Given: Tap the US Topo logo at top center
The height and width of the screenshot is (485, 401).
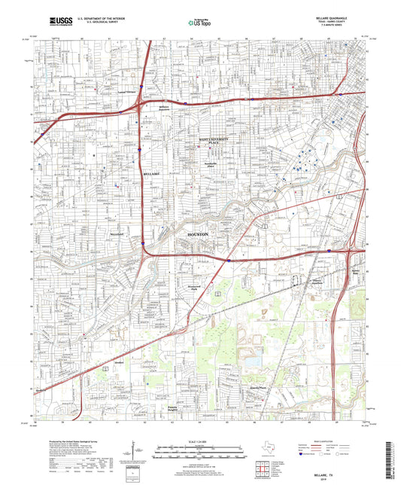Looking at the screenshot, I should point(199,23).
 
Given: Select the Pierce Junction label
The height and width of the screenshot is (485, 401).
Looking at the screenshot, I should point(309,282).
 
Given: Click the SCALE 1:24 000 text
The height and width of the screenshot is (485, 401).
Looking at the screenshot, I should point(199,441).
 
